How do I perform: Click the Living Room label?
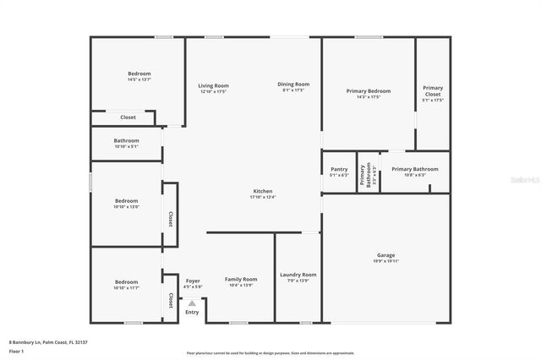coord(214,85)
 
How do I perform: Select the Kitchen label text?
coord(263,191)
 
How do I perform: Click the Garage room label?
coord(385,255)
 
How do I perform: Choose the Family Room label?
coord(241,279)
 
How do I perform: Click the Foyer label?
coord(193,279)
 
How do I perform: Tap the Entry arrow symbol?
coord(192,303)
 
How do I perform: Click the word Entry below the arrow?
coord(193,313)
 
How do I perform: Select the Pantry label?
coord(339,168)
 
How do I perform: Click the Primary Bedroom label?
coord(369,90)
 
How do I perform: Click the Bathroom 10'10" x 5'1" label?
coord(126,140)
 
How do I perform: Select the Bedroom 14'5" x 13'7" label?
coord(139,74)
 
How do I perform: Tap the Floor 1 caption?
coord(17,350)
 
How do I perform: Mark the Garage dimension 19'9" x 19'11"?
coord(385,262)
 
